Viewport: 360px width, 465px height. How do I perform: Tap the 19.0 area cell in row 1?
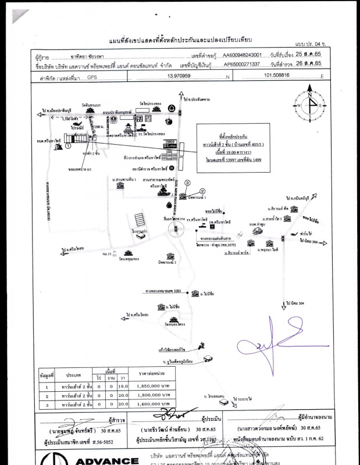click(x=123, y=385)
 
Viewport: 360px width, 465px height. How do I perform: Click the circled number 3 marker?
click(x=187, y=183)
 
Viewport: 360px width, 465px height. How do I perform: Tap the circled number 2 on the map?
click(x=202, y=191)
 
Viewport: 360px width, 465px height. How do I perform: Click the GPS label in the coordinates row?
click(x=92, y=76)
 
